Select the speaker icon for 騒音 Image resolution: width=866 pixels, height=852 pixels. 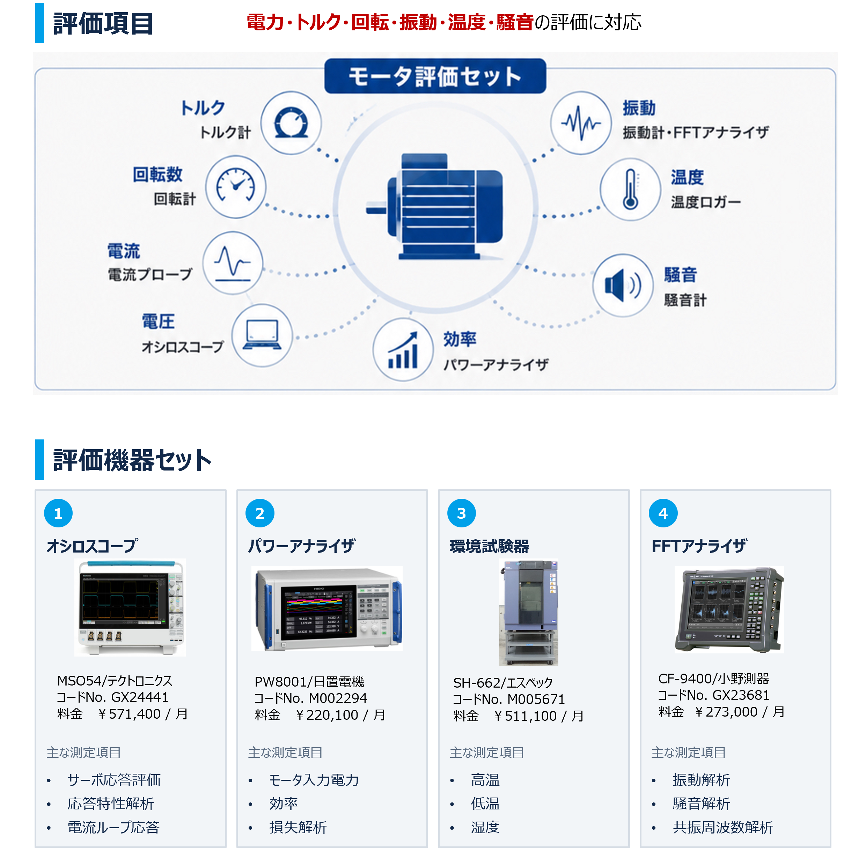pos(622,285)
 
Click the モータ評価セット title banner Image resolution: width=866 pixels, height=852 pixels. pos(435,76)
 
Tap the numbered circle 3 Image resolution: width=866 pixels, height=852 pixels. pos(461,513)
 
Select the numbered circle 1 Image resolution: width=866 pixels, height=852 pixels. pos(58,513)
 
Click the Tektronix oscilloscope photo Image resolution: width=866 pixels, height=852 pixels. pos(130,607)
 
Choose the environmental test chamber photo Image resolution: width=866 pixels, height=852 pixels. pos(528,612)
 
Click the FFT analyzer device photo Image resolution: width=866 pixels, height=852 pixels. pos(729,609)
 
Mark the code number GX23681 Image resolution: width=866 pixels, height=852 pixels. pos(741,695)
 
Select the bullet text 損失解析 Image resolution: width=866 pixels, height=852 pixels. pos(298,827)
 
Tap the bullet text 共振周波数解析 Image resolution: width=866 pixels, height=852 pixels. pos(723,827)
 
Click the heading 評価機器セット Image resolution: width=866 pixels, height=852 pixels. pos(132,460)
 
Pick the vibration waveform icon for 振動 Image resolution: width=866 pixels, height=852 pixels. pos(581,123)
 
